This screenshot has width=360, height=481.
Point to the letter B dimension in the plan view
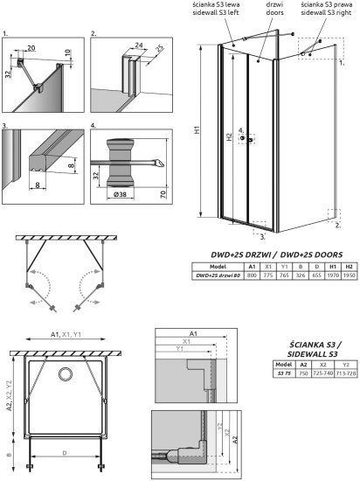coord(8,455)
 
